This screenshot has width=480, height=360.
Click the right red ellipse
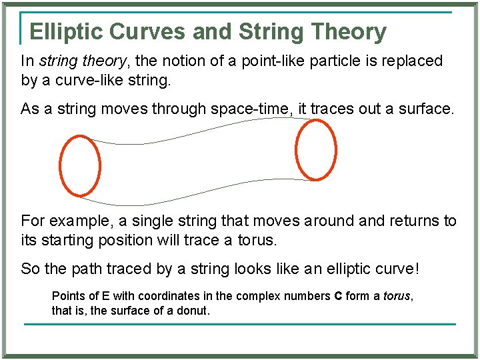click(335, 150)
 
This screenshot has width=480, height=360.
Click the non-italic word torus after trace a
click(256, 239)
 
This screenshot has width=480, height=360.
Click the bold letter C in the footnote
click(338, 295)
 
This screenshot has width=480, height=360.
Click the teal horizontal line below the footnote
click(240, 324)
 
